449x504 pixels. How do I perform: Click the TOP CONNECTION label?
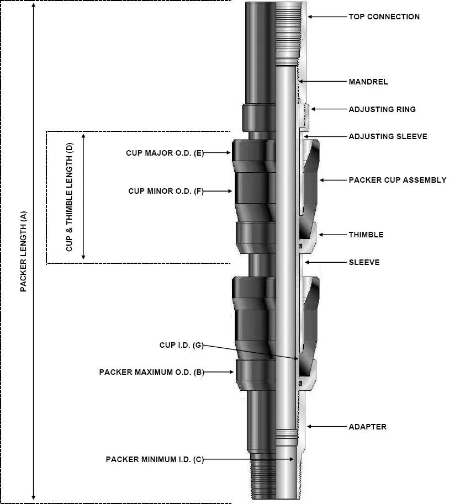(384, 17)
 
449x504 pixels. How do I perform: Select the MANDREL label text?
(368, 82)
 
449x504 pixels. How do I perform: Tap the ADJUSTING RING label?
(382, 109)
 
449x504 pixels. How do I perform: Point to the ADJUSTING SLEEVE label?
(388, 136)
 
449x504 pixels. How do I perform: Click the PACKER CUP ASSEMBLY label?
(397, 180)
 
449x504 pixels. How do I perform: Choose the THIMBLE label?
(366, 235)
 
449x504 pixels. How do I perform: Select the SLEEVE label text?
(364, 262)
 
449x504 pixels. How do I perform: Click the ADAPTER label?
(367, 427)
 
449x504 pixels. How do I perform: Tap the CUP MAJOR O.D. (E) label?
(165, 153)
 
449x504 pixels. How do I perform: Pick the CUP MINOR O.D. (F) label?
(166, 191)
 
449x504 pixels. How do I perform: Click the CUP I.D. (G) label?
(181, 346)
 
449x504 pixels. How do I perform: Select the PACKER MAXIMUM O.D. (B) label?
(151, 372)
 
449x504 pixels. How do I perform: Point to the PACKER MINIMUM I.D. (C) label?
(155, 459)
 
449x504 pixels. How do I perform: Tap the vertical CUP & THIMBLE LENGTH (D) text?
(69, 197)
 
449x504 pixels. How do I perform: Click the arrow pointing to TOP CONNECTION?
(326, 17)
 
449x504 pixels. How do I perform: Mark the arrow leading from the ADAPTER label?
(326, 427)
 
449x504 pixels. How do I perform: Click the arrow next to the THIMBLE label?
(331, 235)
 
